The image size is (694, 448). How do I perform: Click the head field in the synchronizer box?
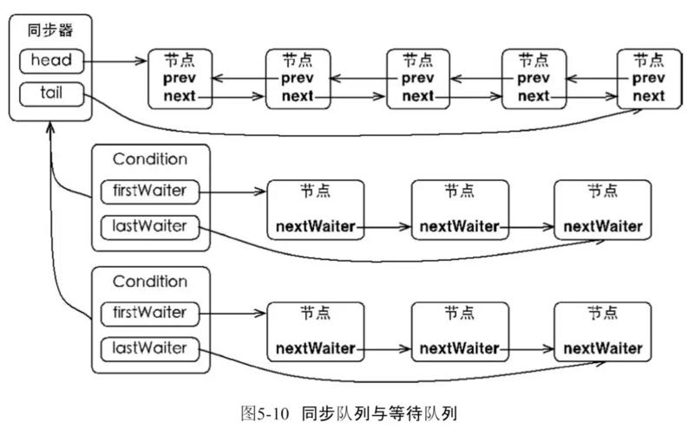tap(51, 61)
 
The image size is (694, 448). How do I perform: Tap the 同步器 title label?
tap(51, 31)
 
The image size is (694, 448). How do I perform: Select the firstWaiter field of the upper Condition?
tap(149, 190)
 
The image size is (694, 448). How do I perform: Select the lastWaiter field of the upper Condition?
tap(149, 227)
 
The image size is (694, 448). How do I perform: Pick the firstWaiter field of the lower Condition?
tap(149, 311)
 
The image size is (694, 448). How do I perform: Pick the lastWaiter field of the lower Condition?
tap(149, 348)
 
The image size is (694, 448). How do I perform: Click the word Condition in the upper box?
tap(150, 159)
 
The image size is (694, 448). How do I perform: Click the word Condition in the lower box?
tap(150, 282)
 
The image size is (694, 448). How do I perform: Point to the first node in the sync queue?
tap(180, 79)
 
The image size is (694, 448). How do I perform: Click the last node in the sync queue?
tap(648, 79)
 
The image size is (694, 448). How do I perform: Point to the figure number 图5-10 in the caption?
tap(265, 413)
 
